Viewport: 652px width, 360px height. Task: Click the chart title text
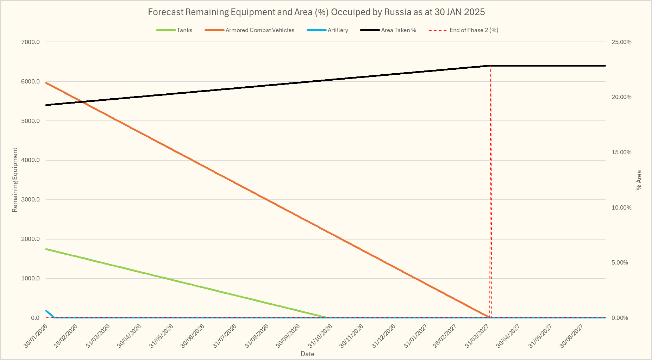point(316,12)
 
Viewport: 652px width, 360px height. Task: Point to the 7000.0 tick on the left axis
point(31,42)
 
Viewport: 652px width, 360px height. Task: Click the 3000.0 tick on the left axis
point(31,200)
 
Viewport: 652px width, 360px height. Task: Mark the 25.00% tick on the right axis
point(621,42)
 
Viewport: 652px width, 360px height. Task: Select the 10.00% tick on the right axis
point(621,207)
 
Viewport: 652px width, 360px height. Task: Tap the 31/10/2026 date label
point(320,336)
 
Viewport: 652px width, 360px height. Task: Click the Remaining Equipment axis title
point(15,180)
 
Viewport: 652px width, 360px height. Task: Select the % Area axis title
point(639,180)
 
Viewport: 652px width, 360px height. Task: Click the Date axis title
point(307,354)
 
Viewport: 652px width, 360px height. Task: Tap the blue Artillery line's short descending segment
point(50,314)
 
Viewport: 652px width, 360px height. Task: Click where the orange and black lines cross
point(82,102)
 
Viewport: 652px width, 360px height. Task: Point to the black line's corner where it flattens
point(490,66)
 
